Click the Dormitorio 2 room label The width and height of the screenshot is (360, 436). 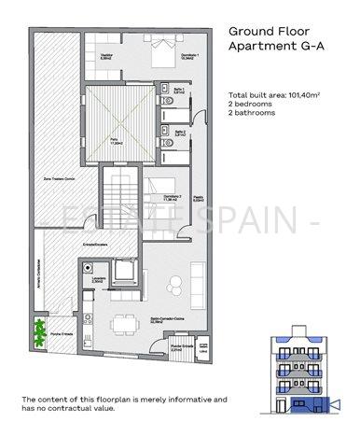tap(171, 196)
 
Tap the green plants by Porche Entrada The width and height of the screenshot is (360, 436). tap(39, 331)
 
